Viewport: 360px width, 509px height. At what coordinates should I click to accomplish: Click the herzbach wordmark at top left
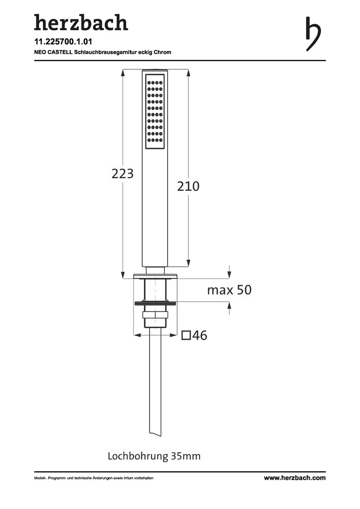tap(81, 23)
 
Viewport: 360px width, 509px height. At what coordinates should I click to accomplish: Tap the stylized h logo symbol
tap(313, 34)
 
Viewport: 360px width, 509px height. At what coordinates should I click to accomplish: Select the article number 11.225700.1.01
tap(63, 41)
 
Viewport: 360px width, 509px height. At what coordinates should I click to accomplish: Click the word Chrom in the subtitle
tap(162, 52)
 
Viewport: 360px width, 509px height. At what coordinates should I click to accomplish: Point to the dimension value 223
tap(123, 173)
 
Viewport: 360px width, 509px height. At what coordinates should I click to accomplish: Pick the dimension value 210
tap(188, 186)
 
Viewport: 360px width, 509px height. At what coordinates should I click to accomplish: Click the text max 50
tap(229, 290)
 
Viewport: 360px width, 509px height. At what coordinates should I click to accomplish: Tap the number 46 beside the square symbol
tap(200, 336)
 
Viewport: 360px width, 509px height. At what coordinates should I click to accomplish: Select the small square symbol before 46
tap(186, 336)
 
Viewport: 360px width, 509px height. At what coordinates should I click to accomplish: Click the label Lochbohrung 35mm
tap(154, 456)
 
